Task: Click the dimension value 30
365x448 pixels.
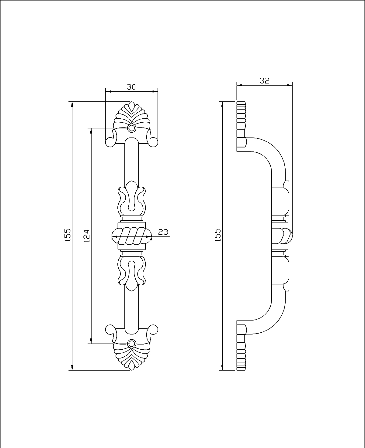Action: pyautogui.click(x=131, y=87)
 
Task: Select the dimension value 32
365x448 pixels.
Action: pyautogui.click(x=264, y=80)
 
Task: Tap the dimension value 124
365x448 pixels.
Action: pyautogui.click(x=86, y=235)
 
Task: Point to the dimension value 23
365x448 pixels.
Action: pyautogui.click(x=163, y=232)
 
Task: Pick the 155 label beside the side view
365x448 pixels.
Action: pyautogui.click(x=217, y=235)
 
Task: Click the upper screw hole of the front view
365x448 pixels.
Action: pyautogui.click(x=132, y=128)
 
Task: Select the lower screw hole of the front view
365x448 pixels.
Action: pyautogui.click(x=132, y=344)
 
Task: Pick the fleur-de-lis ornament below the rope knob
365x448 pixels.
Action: pyautogui.click(x=132, y=273)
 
